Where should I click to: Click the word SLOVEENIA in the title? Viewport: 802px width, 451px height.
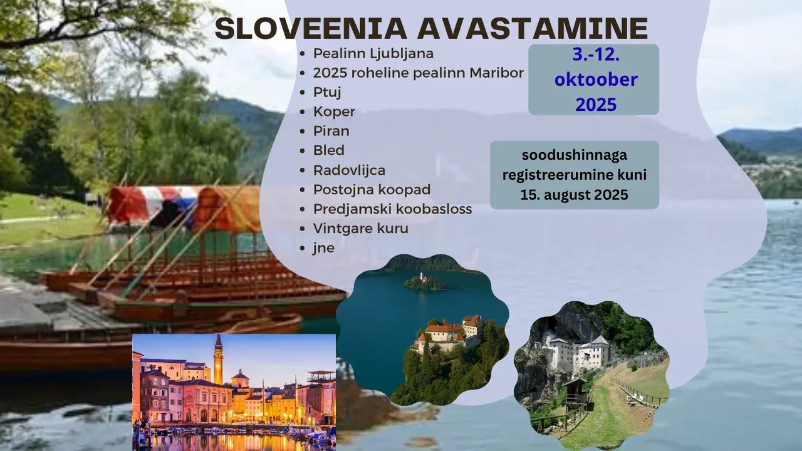coord(311,28)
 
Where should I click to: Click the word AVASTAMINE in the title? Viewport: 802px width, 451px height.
coord(533,28)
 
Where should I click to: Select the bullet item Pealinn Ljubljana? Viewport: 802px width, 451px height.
coord(373,54)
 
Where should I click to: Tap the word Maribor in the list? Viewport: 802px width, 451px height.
coord(497,73)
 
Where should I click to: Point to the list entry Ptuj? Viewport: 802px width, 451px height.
coord(327,92)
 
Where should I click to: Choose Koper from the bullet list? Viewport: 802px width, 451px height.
coord(334,111)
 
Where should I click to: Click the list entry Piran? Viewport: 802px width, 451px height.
coord(331,131)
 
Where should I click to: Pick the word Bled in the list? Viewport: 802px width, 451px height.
coord(329,150)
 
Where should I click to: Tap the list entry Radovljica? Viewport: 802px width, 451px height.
coord(349,170)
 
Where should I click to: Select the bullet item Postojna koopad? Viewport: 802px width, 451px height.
coord(372,190)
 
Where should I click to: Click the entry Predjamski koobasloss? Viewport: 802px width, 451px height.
coord(392,209)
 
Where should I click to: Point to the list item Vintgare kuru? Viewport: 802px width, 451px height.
coord(360,229)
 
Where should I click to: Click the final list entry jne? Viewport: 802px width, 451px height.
coord(323,248)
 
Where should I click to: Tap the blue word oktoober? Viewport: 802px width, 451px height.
coord(596,80)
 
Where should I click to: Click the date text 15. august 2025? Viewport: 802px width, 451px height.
coord(575,195)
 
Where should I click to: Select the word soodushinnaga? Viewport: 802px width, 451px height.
coord(575,155)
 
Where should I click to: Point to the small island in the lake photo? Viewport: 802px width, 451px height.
coord(425,281)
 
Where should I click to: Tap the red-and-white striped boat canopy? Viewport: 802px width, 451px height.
coord(154,205)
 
